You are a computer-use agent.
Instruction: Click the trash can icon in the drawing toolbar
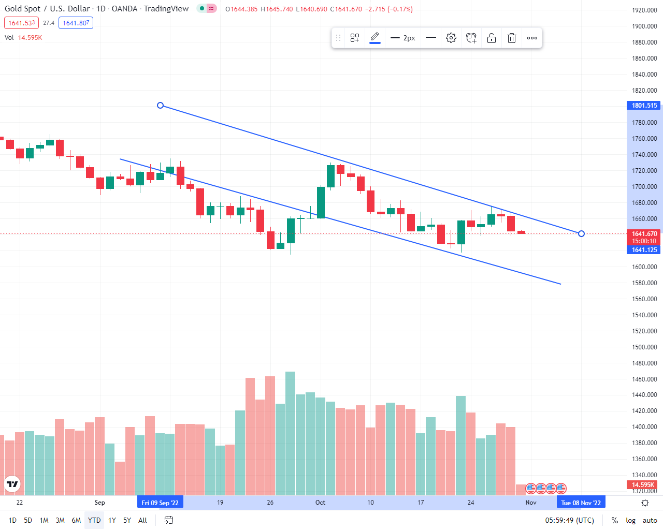pos(512,38)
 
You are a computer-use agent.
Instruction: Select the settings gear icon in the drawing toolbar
pos(451,38)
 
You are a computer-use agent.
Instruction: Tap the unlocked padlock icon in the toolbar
pos(492,38)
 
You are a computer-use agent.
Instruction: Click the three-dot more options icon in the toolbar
pos(532,38)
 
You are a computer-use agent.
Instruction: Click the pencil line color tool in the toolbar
pos(375,38)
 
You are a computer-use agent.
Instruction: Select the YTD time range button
pos(94,520)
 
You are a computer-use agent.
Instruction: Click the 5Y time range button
pos(127,520)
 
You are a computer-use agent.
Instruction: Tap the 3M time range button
pos(60,520)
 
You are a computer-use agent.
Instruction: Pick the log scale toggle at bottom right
pos(630,520)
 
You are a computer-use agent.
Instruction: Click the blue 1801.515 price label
pos(644,106)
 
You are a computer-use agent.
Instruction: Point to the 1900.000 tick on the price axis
pos(644,26)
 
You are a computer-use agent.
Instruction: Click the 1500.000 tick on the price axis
pos(644,347)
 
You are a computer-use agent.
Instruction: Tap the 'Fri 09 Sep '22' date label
pos(160,503)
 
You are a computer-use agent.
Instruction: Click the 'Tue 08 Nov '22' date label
pos(581,503)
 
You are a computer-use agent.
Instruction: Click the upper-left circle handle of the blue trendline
pos(161,106)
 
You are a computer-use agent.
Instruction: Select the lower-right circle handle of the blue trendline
pos(581,234)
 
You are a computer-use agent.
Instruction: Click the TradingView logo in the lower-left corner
pos(12,484)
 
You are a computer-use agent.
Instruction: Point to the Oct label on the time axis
pos(320,503)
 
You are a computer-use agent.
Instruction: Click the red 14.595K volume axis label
pos(643,485)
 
